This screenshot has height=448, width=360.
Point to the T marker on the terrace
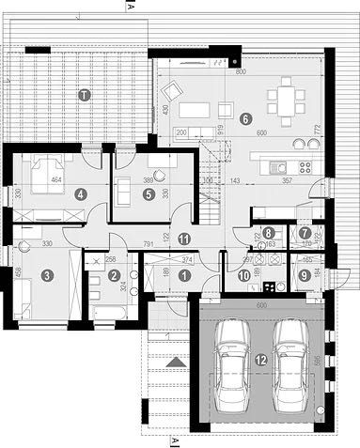(x=84, y=95)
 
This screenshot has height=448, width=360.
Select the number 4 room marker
(x=81, y=194)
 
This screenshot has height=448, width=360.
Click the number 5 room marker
(x=149, y=193)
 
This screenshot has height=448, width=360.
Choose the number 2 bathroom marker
(x=114, y=275)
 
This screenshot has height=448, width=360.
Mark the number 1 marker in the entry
(x=184, y=275)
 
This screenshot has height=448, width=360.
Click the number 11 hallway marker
(x=184, y=239)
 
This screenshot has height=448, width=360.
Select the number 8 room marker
(x=269, y=233)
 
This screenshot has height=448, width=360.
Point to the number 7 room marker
(x=305, y=233)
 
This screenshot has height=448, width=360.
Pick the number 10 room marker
(x=244, y=275)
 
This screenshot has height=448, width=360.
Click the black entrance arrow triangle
(x=172, y=360)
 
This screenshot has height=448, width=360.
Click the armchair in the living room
(x=173, y=91)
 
